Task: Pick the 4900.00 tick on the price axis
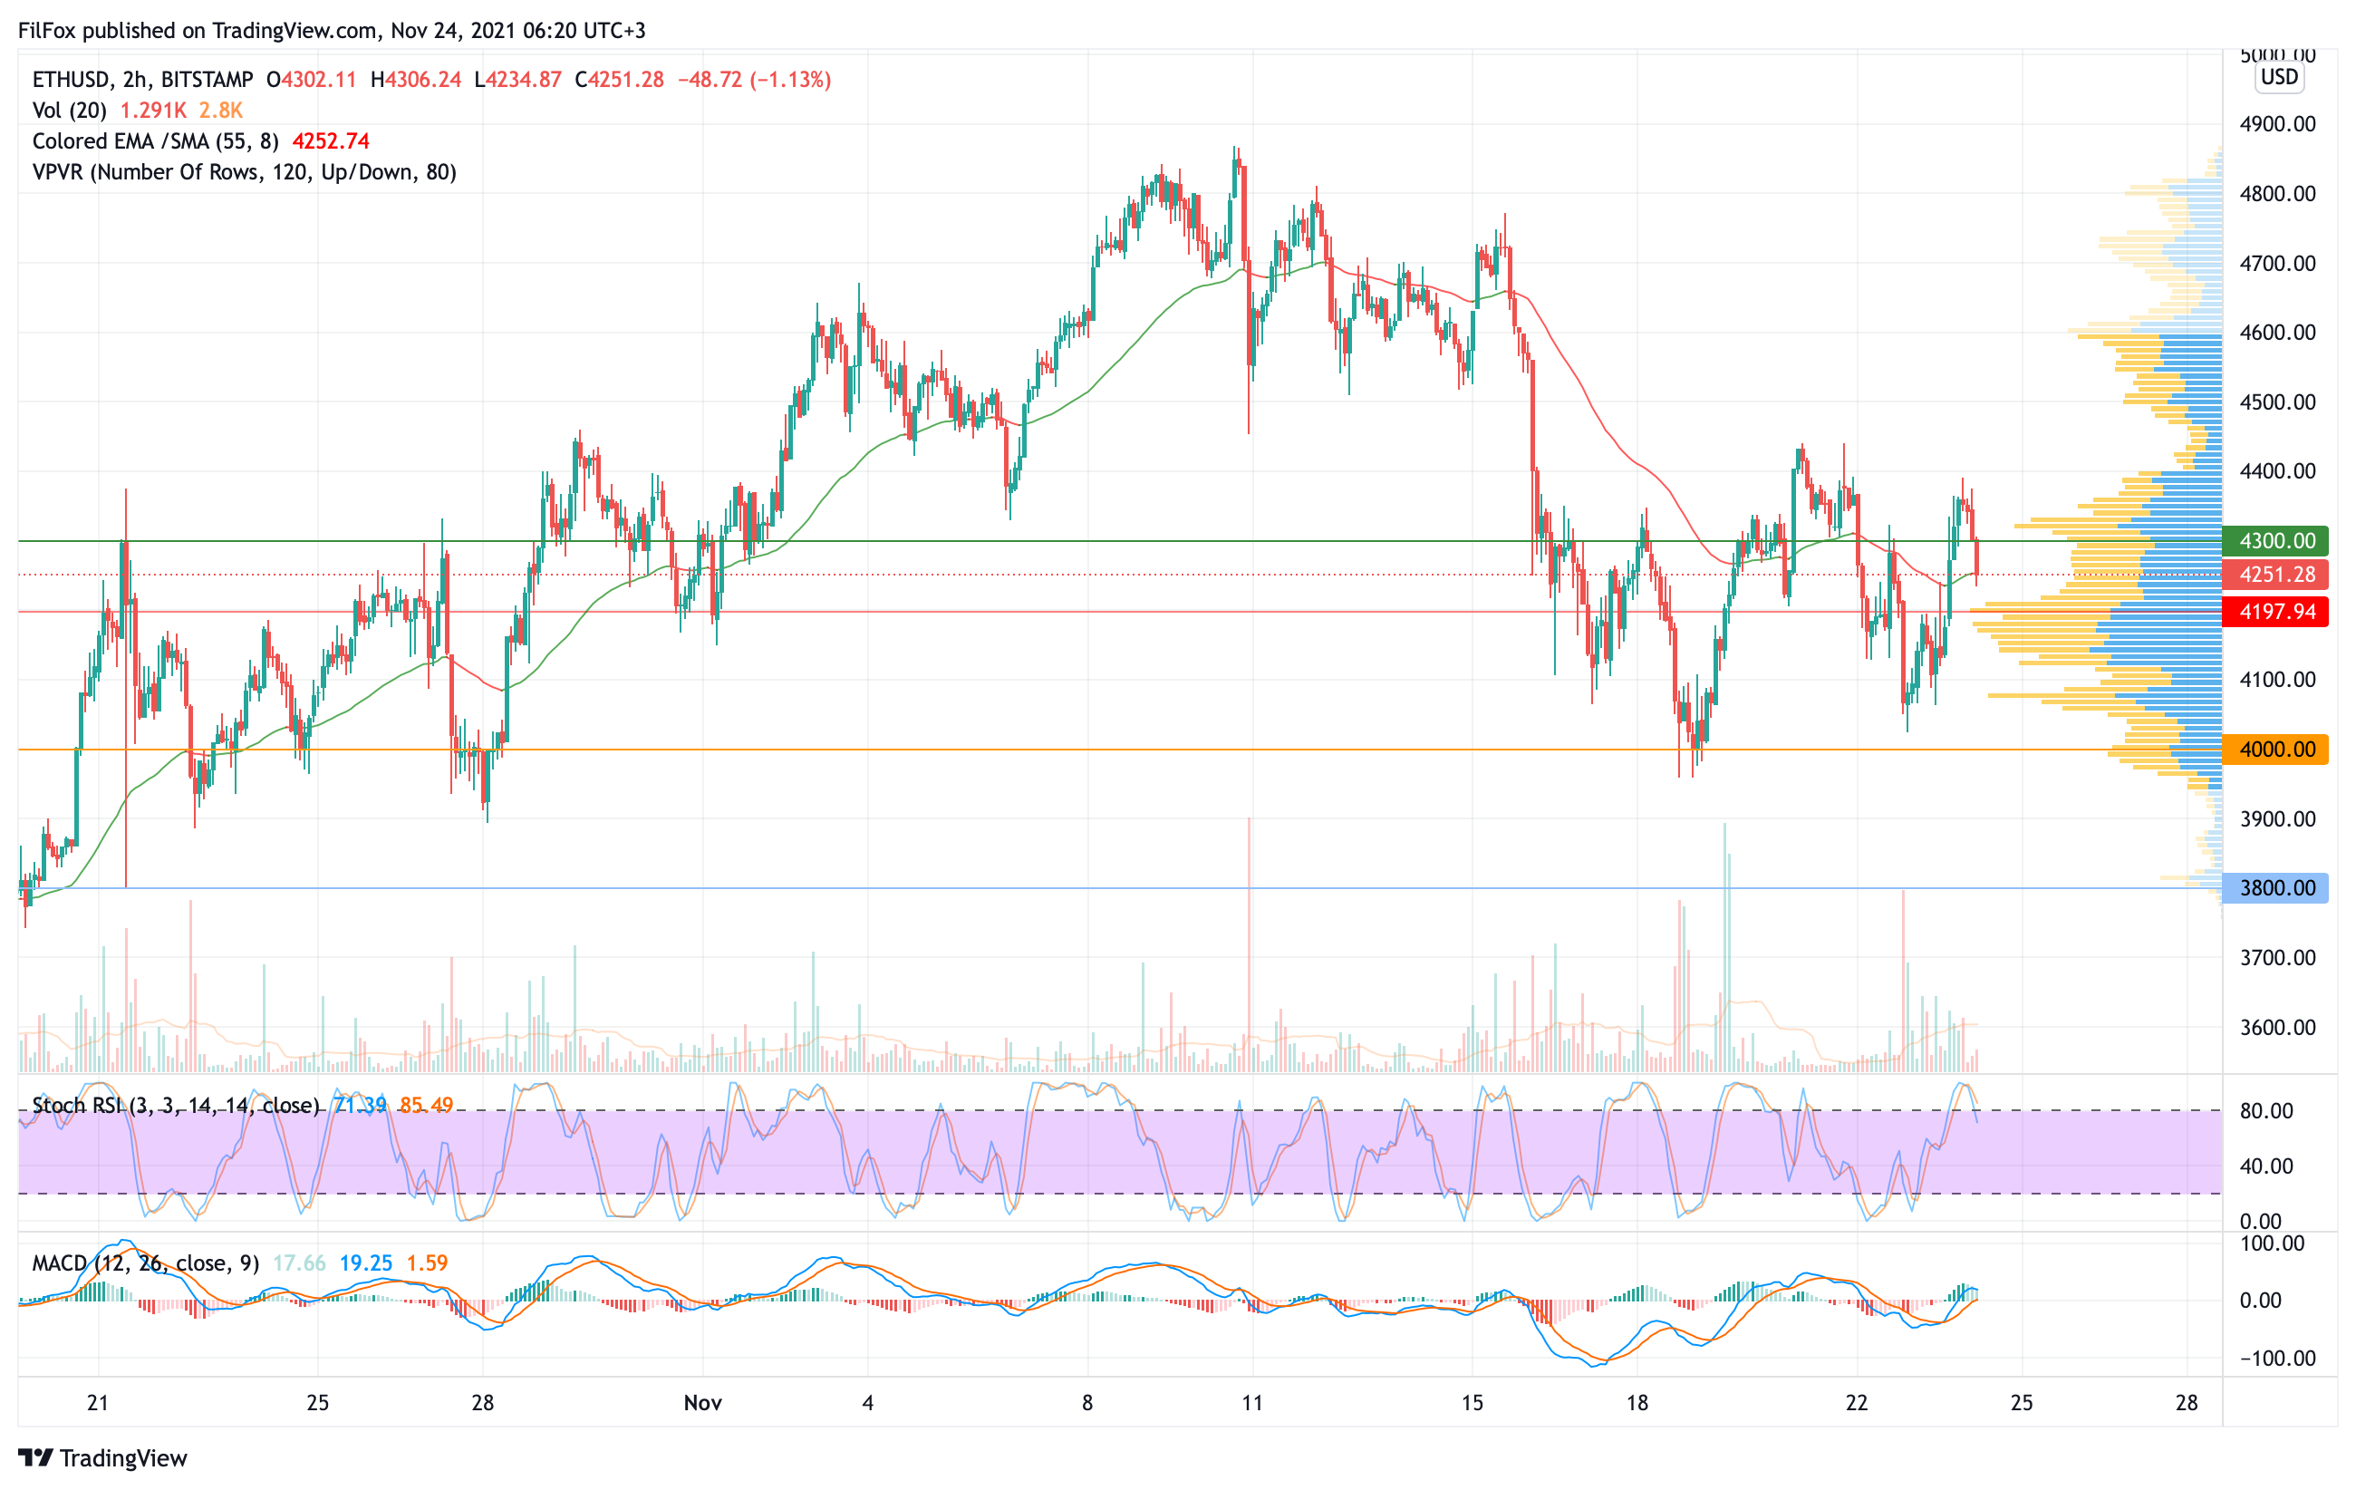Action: pyautogui.click(x=2277, y=124)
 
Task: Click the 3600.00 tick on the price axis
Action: pyautogui.click(x=2277, y=1027)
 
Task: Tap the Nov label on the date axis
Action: pyautogui.click(x=702, y=1403)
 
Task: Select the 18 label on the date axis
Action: pyautogui.click(x=1637, y=1403)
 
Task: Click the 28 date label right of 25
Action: pyautogui.click(x=2186, y=1403)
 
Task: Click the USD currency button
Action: pyautogui.click(x=2279, y=77)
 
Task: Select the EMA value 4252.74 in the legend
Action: pyautogui.click(x=331, y=142)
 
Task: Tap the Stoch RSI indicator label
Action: pyautogui.click(x=176, y=1106)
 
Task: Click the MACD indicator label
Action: pyautogui.click(x=145, y=1263)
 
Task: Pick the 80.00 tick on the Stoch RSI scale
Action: pyautogui.click(x=2266, y=1111)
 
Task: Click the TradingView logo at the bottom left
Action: pyautogui.click(x=102, y=1457)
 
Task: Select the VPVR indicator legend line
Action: pyautogui.click(x=245, y=172)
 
